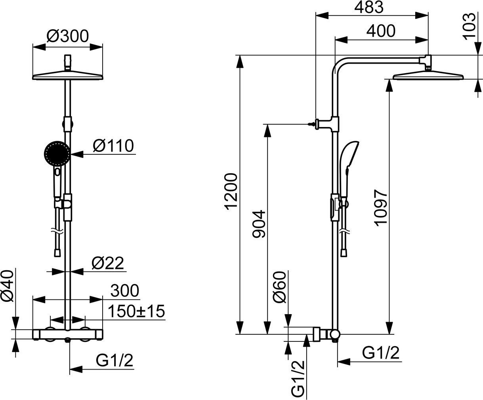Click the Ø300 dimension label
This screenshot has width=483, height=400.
point(67,36)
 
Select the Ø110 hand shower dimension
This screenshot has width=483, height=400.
point(113,146)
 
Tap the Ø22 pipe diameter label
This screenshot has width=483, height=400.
point(108,263)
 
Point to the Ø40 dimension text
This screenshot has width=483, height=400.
point(8,286)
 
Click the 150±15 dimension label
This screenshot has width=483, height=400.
point(136,311)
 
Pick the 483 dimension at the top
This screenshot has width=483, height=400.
point(369,7)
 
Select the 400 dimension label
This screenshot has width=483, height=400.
point(381,31)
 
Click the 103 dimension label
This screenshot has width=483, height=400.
point(469,26)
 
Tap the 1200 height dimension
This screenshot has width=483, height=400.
point(231,191)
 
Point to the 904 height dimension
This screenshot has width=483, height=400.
point(259,224)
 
